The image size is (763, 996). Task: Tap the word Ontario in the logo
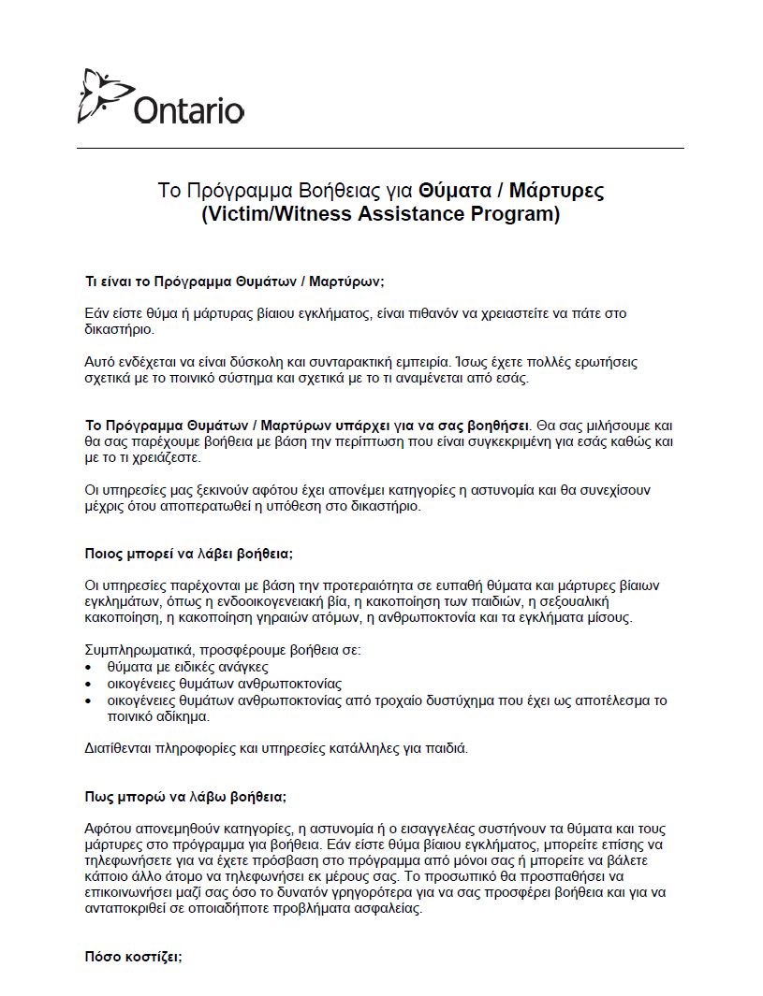tap(189, 110)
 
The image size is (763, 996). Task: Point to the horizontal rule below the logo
tap(380, 148)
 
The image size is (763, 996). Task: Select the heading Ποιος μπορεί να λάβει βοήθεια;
tap(189, 554)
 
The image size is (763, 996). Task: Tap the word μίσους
tap(611, 618)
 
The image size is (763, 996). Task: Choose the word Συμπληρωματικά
tap(139, 651)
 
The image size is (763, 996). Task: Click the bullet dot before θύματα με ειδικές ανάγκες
tap(89, 668)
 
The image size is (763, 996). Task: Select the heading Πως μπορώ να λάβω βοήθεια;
tap(185, 797)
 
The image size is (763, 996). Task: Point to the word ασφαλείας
tap(391, 908)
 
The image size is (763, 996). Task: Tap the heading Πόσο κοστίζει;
tap(133, 957)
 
